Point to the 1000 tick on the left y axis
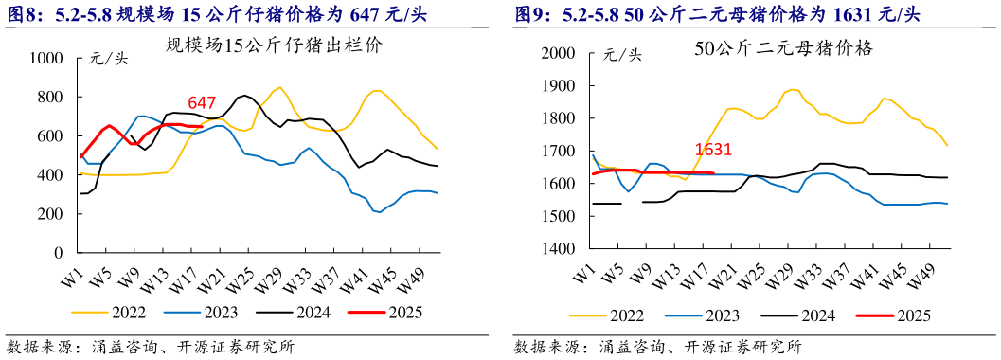click(x=45, y=59)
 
